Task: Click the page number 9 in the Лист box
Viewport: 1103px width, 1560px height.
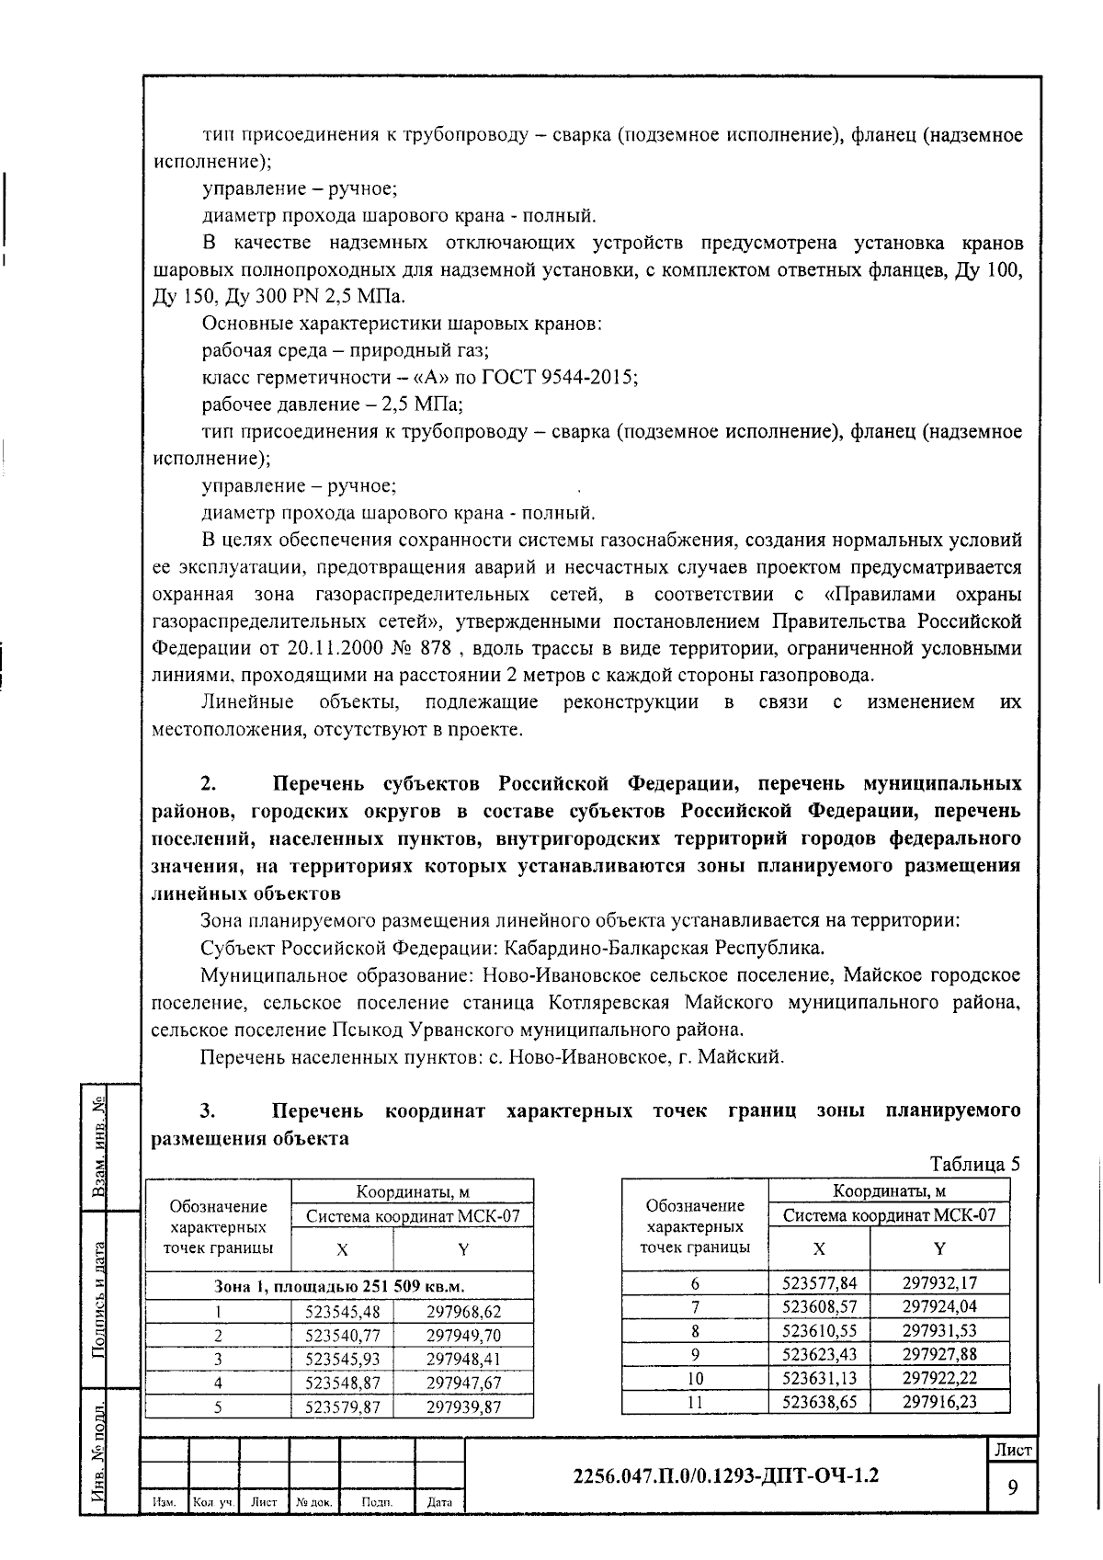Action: click(1012, 1486)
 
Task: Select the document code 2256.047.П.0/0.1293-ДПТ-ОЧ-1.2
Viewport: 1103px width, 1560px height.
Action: click(725, 1475)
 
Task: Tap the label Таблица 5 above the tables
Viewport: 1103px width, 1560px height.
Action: click(975, 1163)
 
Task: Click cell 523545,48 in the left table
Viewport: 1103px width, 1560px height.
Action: click(342, 1312)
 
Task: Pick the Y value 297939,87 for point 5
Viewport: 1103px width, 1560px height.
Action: click(463, 1407)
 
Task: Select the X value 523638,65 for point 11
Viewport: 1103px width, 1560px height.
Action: click(819, 1401)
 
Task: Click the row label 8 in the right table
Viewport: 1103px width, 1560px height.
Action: click(695, 1330)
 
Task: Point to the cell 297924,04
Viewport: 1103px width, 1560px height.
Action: click(939, 1306)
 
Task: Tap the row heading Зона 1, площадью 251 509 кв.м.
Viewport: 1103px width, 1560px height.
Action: click(339, 1286)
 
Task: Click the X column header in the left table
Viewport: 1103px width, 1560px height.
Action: click(342, 1249)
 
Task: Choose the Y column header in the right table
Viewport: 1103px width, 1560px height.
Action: click(939, 1248)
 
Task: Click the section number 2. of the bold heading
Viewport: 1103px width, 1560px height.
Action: click(209, 784)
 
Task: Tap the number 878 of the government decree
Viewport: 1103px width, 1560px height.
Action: click(434, 648)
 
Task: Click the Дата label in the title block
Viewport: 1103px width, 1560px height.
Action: click(440, 1502)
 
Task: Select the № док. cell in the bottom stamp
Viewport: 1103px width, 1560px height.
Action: click(314, 1502)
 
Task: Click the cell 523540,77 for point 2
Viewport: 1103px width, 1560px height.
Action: click(342, 1336)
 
